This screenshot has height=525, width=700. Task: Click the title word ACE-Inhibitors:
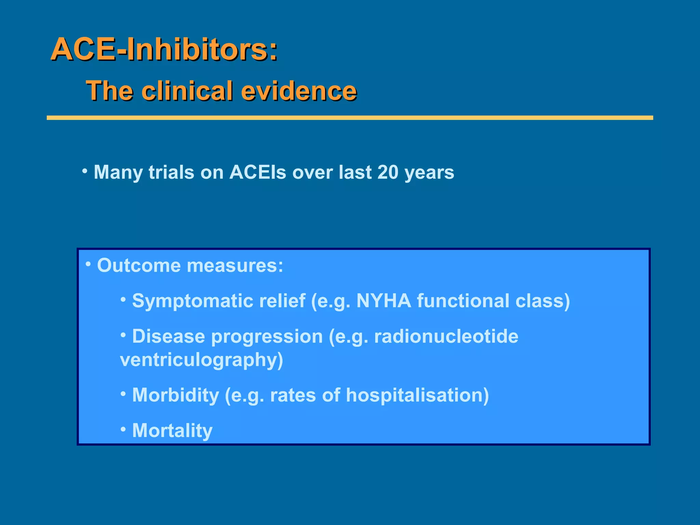(x=164, y=50)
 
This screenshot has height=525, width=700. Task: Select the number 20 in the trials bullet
(x=388, y=172)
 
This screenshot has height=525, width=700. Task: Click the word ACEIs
(x=258, y=172)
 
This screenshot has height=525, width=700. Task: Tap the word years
(x=429, y=173)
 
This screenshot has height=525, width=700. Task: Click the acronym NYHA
(x=383, y=301)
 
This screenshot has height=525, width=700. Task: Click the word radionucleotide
(x=446, y=336)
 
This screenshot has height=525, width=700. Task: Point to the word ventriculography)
(x=202, y=360)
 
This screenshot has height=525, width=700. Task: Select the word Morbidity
(x=175, y=395)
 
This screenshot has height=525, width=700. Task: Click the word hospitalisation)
(x=417, y=395)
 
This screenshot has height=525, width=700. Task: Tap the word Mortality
(x=172, y=431)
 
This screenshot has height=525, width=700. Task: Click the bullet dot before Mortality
(x=123, y=429)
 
